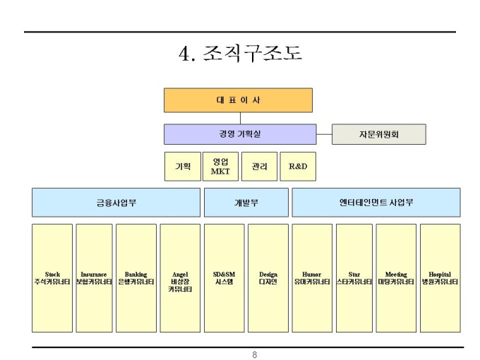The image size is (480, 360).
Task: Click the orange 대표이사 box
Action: pos(238,100)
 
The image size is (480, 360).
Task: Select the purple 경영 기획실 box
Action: pos(240,134)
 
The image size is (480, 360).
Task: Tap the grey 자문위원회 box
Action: pos(379,134)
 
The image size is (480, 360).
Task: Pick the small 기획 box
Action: pos(183,167)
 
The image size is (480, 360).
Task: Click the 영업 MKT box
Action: pos(220,167)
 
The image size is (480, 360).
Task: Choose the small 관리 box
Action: pos(259,167)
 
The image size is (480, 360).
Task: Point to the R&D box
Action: pos(298,167)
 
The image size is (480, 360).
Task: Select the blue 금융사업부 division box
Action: pos(116,203)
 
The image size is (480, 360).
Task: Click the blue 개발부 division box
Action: pos(246,203)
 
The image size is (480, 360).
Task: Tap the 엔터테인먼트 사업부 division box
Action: pos(376,203)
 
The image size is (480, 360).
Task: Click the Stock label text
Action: pos(52,275)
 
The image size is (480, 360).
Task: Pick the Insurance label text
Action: pos(94,275)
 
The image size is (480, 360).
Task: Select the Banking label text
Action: pos(136,275)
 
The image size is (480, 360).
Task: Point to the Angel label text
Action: pos(180,275)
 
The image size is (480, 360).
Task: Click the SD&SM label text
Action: pos(224,275)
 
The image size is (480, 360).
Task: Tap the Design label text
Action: pos(268,275)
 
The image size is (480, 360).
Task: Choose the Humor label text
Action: pos(311,275)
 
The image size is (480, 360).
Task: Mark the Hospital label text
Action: pos(440,275)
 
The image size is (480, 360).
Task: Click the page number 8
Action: pos(254,355)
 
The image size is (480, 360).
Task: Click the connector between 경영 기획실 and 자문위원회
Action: pos(324,134)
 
